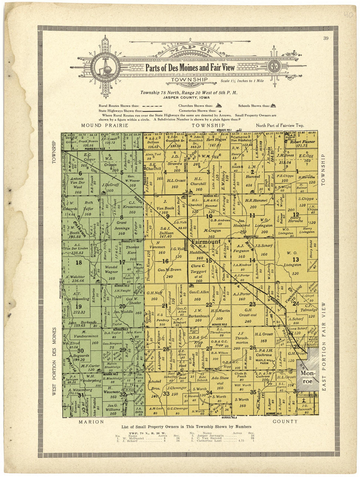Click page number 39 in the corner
tap(326, 38)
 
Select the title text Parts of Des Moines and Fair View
tap(190, 67)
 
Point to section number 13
tap(296, 260)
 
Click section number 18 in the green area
tap(79, 262)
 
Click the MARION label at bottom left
tap(91, 422)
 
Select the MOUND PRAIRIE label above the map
tap(102, 125)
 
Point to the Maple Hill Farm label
tap(264, 361)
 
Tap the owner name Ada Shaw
tap(220, 380)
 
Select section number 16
tap(165, 261)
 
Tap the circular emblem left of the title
tap(105, 68)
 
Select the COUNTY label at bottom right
tap(285, 421)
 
